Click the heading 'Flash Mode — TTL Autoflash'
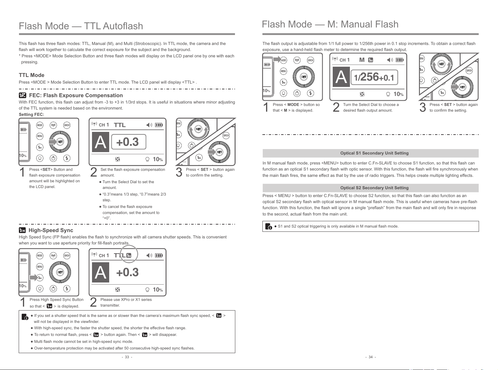(81, 26)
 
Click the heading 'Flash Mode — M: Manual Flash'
(330, 24)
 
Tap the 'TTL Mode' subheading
(31, 75)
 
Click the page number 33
(127, 357)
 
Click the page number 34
(370, 357)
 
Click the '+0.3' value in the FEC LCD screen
(127, 142)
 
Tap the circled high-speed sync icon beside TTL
(129, 255)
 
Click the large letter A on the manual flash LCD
(341, 78)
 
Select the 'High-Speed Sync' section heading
(51, 230)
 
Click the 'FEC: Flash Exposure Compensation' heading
(76, 95)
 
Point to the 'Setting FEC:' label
(31, 115)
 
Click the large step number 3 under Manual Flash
(423, 107)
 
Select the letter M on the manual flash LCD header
(362, 60)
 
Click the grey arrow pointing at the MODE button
(277, 60)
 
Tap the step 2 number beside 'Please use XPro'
(94, 302)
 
